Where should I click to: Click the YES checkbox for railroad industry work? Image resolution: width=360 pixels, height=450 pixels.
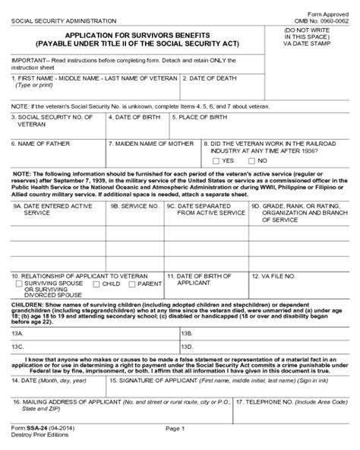click(x=217, y=160)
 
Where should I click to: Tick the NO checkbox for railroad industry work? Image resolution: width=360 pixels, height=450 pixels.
click(x=253, y=160)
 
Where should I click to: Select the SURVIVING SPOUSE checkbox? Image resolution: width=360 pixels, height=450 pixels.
click(x=18, y=284)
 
